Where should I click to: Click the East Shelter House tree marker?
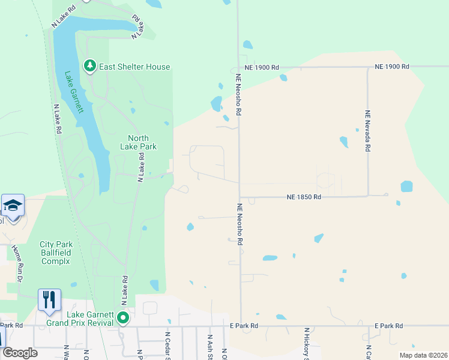[x=90, y=65]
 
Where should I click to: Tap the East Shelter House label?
[x=135, y=67]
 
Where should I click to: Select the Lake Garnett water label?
[x=74, y=94]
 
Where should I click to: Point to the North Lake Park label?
[x=134, y=142]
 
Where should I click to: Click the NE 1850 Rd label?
[x=304, y=197]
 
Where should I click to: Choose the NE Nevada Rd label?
[x=367, y=130]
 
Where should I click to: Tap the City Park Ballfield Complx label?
[x=55, y=253]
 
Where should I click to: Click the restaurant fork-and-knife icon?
[x=49, y=299]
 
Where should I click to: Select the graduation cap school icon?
[x=12, y=206]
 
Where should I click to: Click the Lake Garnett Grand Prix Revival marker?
[x=123, y=317]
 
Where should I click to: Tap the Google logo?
[x=20, y=353]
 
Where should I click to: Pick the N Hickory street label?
[x=306, y=345]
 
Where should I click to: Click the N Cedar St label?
[x=167, y=345]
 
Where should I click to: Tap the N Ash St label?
[x=210, y=346]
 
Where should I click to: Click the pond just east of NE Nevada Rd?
[x=406, y=186]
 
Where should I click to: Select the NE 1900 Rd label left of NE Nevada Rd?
[x=262, y=67]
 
